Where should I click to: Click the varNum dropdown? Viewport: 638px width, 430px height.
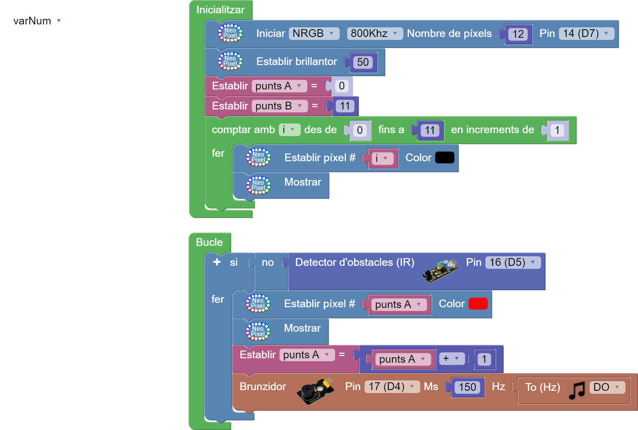(x=38, y=21)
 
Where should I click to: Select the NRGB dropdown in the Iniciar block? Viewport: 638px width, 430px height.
(x=314, y=34)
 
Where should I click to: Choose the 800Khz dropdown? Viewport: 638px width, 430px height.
(x=374, y=34)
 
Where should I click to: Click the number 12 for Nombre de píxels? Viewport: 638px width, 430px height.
(x=518, y=34)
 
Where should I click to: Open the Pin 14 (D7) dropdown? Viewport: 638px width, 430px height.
(x=586, y=34)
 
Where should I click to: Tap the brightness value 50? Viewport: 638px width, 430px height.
(x=363, y=62)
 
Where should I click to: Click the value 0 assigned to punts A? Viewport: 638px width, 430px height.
(x=342, y=86)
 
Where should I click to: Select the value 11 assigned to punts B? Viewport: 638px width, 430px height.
(x=345, y=106)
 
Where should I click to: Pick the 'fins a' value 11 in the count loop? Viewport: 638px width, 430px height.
(x=429, y=130)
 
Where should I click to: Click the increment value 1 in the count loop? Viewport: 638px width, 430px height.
(x=557, y=130)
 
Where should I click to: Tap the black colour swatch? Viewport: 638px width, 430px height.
(x=445, y=158)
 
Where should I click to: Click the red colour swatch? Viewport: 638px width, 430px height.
(x=478, y=304)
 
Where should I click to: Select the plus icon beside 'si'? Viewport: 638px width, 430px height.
(x=217, y=262)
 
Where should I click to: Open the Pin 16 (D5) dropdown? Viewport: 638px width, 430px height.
(x=513, y=263)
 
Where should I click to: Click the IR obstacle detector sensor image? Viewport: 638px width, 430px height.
(x=439, y=271)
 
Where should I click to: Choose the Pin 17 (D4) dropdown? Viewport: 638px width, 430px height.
(x=392, y=387)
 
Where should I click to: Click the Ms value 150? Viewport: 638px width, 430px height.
(x=467, y=387)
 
